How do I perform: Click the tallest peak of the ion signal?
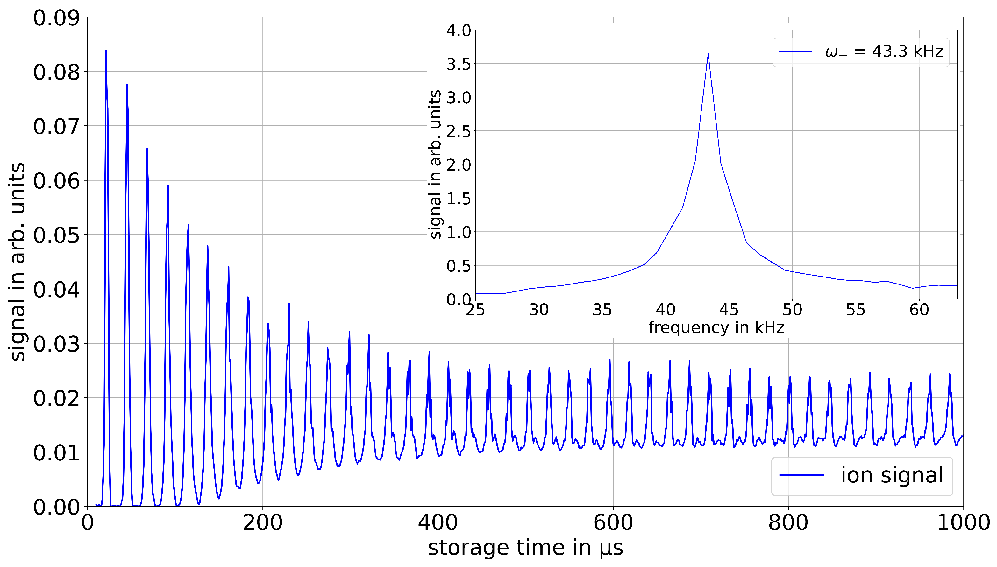106,50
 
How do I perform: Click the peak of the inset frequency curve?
708,54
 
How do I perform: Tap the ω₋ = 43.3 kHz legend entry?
861,52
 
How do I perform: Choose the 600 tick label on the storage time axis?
613,522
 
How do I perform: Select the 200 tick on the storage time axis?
263,522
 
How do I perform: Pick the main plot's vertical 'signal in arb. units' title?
17,262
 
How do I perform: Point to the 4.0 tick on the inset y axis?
459,30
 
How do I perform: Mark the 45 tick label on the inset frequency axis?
729,310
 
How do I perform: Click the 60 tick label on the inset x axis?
919,310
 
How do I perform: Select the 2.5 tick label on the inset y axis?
459,131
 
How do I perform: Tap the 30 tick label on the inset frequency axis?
539,310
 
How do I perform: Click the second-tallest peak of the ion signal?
127,84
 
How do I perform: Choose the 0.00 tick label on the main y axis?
56,507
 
